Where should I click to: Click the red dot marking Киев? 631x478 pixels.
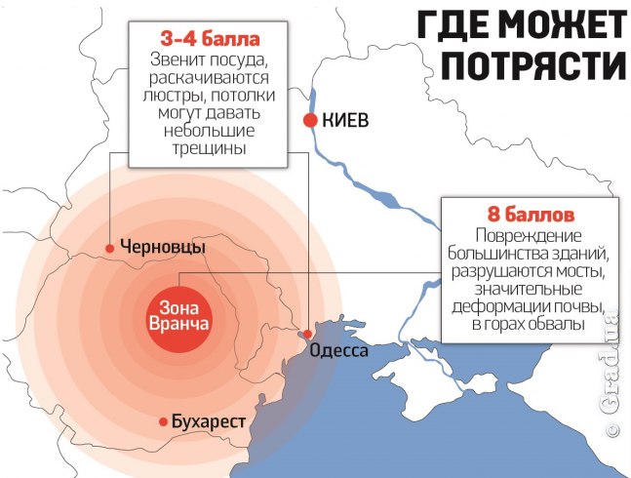(x=310, y=121)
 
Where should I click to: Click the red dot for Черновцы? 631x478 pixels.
(x=110, y=248)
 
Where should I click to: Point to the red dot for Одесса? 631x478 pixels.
(x=305, y=335)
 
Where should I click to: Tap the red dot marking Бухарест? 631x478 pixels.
(x=163, y=421)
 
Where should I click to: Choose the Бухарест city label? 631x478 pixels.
(x=208, y=421)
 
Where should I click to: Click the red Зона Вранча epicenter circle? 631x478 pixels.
(x=178, y=314)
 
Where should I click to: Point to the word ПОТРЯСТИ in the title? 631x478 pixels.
(x=527, y=63)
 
